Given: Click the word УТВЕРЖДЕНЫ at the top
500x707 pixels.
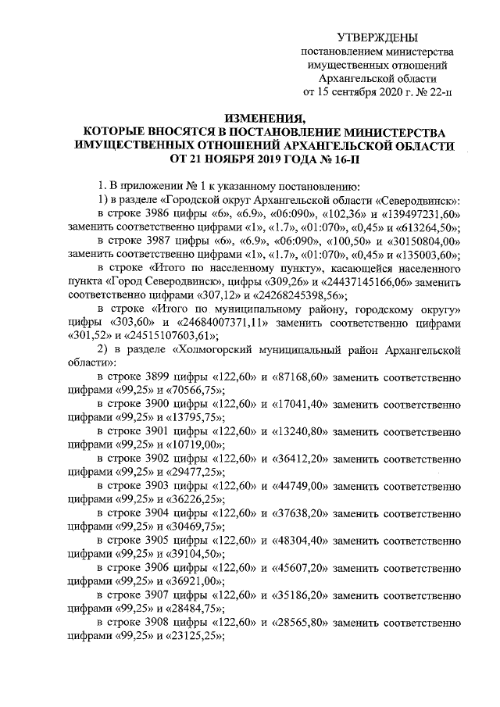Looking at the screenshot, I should (x=377, y=37).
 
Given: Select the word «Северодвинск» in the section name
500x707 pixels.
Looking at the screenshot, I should (x=419, y=200).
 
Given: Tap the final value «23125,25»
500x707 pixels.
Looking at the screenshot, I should (x=182, y=636).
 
